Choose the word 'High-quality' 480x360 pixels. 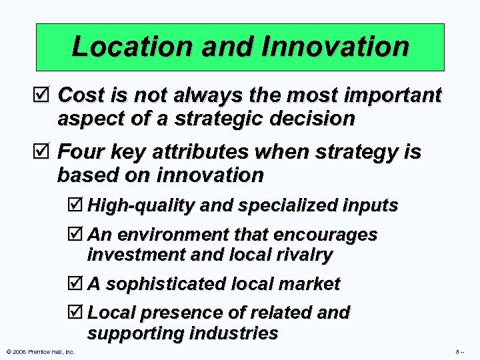(x=141, y=205)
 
